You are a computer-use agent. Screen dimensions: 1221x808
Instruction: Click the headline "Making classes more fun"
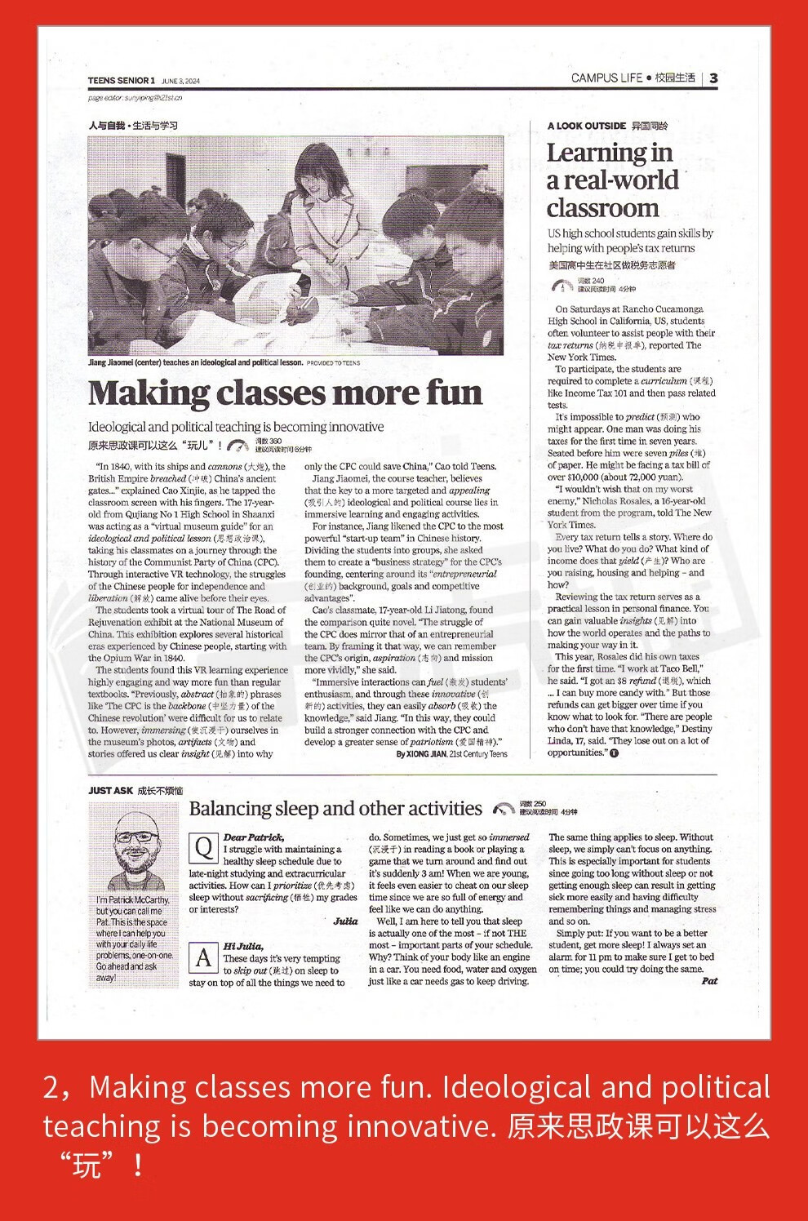[285, 393]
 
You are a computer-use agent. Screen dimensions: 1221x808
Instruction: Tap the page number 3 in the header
[713, 78]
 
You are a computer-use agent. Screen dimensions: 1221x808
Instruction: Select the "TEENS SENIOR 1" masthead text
[121, 80]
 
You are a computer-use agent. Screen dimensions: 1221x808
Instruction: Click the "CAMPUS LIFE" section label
[606, 78]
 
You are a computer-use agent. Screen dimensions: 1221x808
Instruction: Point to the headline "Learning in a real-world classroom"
[612, 180]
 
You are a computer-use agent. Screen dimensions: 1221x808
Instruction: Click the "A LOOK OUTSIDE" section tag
[586, 126]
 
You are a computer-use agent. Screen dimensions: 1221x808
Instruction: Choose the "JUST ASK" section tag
[110, 790]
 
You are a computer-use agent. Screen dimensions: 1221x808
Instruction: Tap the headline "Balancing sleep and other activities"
[335, 809]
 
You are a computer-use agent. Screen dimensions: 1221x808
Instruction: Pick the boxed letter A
[202, 957]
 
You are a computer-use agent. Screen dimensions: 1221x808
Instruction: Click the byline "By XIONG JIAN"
[421, 754]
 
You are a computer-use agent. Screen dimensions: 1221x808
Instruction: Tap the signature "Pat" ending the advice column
[709, 981]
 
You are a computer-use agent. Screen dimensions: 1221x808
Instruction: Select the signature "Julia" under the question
[345, 921]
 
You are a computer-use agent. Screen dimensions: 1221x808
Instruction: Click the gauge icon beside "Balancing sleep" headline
[504, 810]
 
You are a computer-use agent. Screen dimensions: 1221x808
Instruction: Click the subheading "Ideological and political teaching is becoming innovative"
[236, 427]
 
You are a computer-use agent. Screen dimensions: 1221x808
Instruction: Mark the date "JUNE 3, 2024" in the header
[180, 81]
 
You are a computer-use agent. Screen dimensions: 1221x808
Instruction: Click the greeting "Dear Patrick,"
[254, 837]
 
